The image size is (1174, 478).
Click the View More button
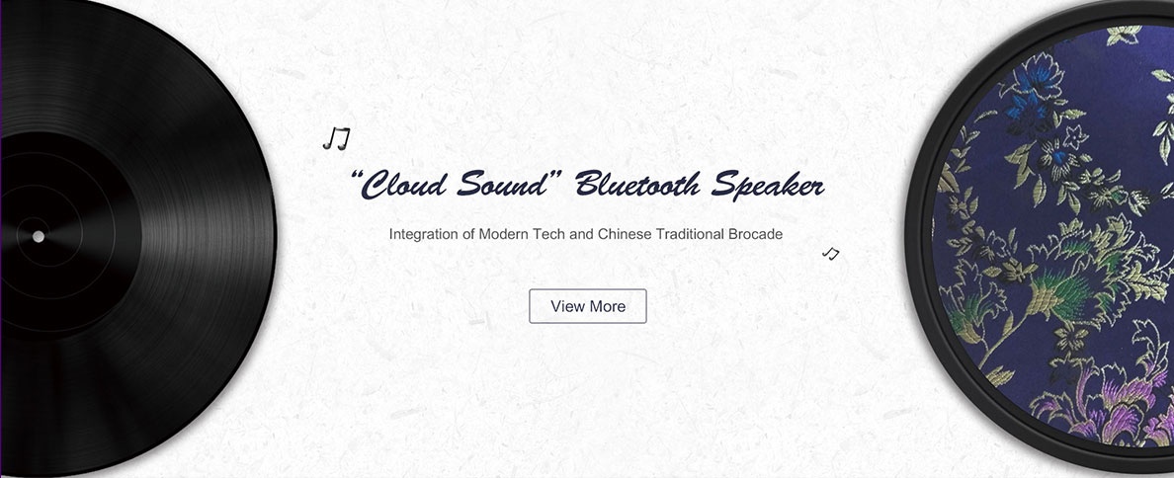(588, 306)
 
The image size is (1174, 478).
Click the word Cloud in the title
(401, 184)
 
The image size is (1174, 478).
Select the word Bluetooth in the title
(638, 184)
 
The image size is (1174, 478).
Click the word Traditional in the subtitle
(689, 234)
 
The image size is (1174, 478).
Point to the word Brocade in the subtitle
(755, 234)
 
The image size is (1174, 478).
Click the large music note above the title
(336, 138)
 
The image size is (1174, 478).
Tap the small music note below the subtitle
(830, 254)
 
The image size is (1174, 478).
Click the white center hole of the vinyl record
(39, 236)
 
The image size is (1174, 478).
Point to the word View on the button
(567, 306)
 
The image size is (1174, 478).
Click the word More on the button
(607, 306)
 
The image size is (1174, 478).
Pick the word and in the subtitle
(581, 234)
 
